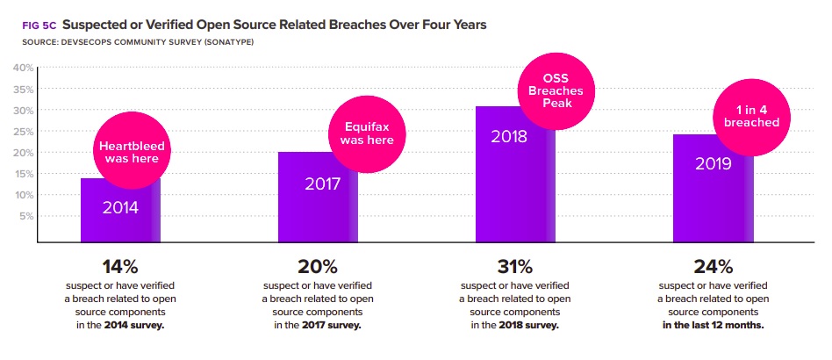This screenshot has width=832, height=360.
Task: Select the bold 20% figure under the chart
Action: point(318,266)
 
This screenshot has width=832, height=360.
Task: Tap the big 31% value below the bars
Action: point(514,266)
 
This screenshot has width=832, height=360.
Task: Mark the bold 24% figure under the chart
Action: point(713,266)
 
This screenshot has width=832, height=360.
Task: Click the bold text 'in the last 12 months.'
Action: point(713,324)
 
